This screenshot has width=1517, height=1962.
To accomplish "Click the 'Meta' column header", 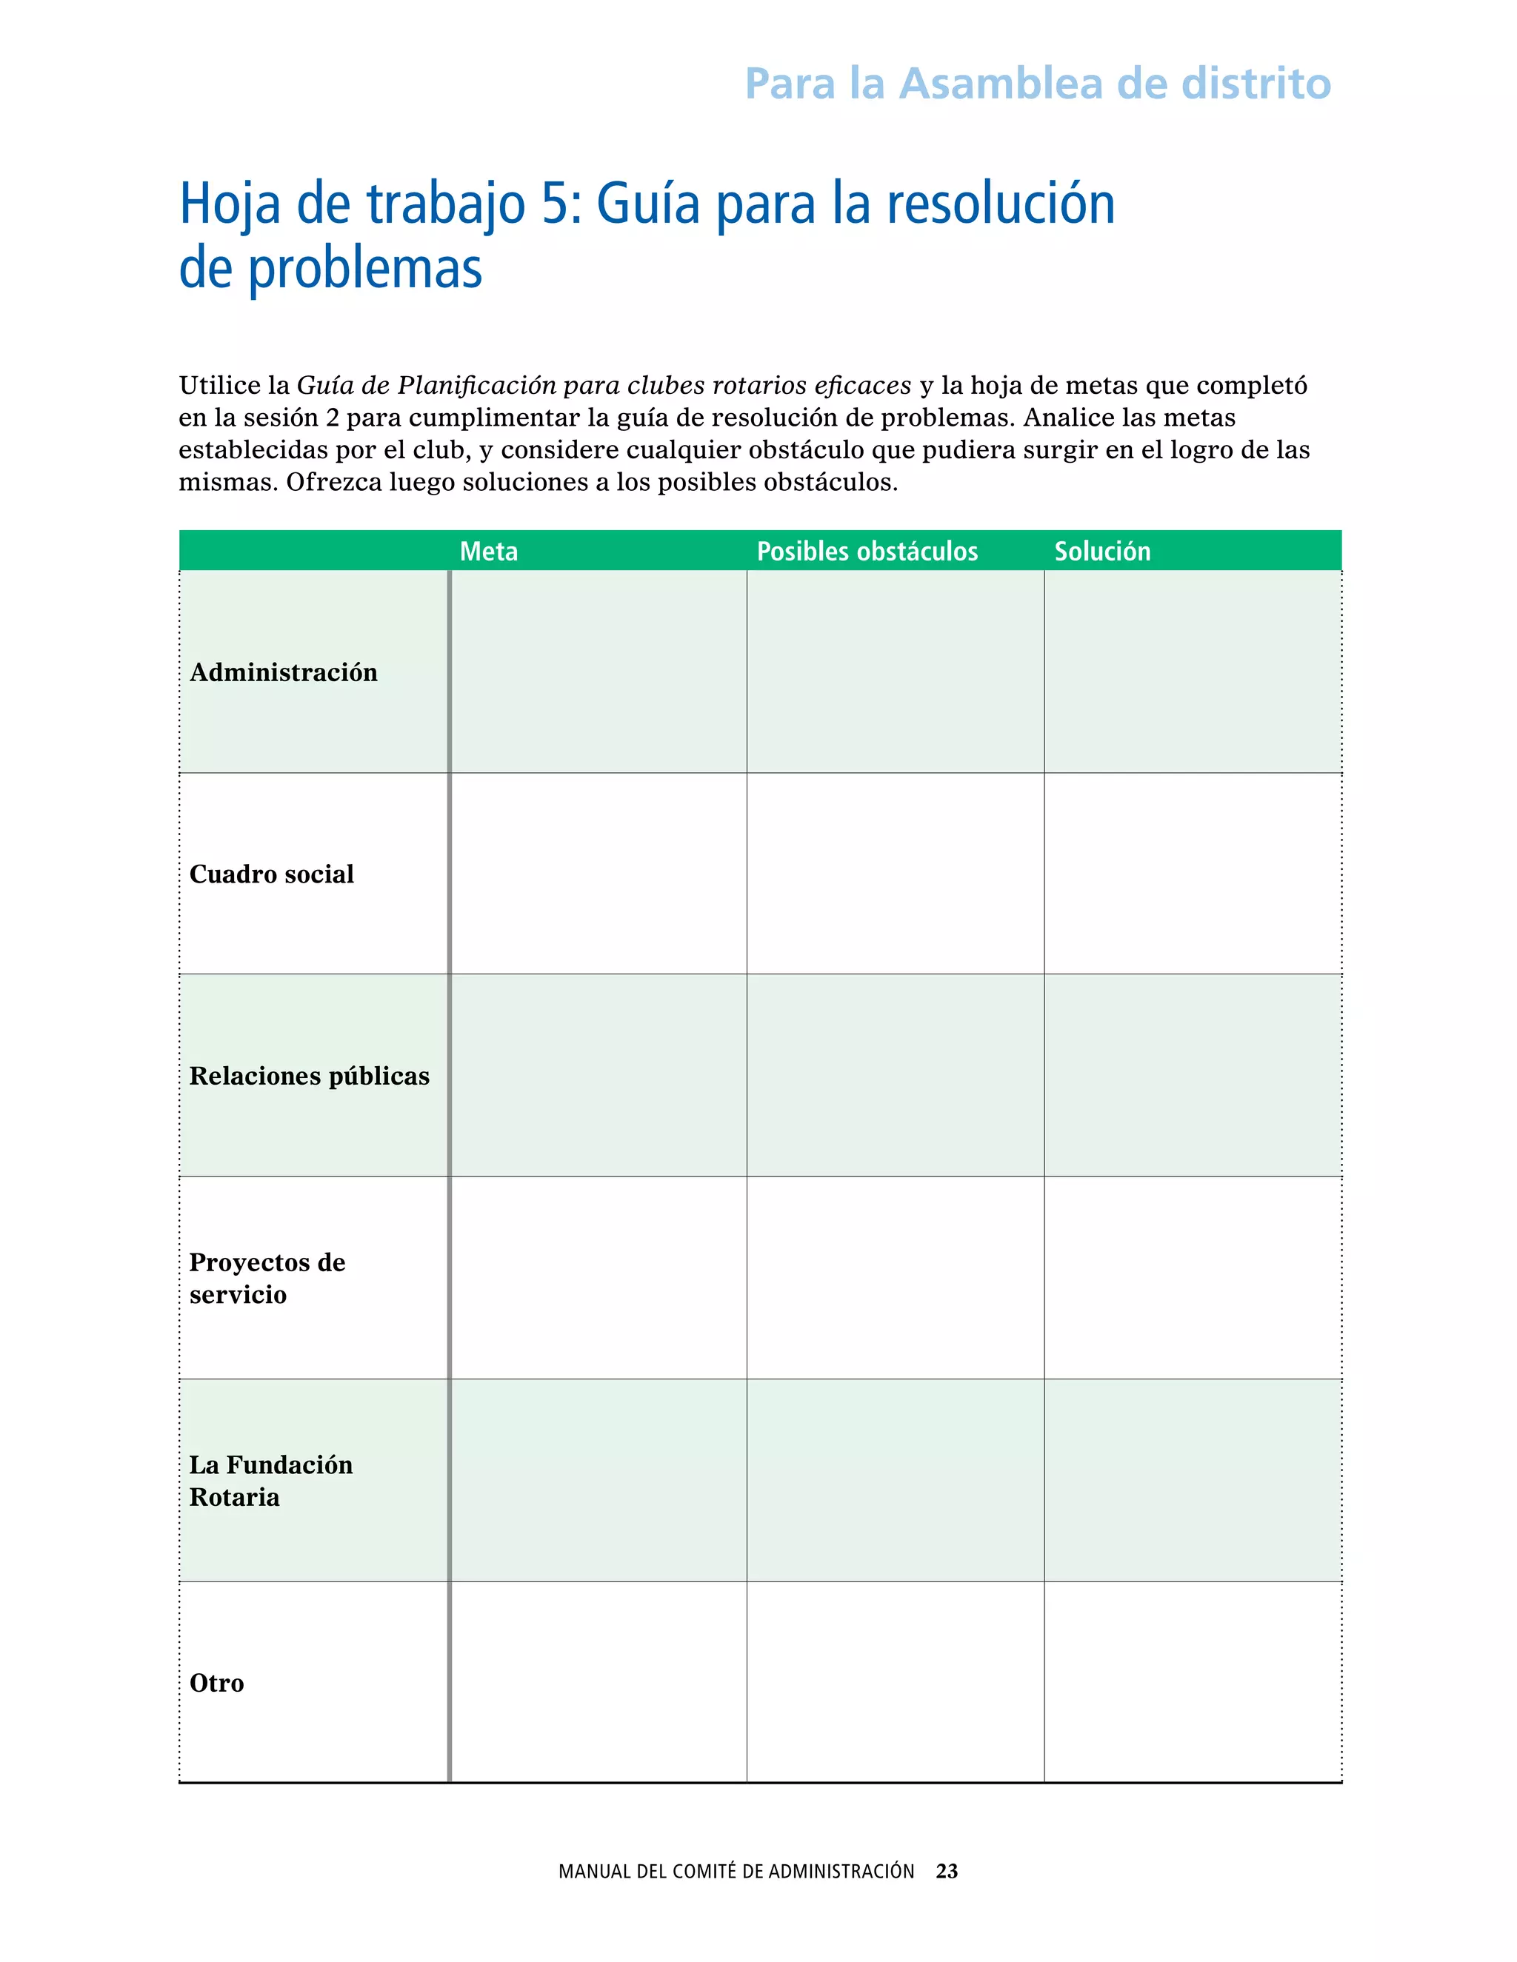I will pos(488,551).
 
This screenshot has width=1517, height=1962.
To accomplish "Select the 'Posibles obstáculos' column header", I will pos(867,551).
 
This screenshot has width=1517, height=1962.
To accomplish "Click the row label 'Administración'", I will pos(283,672).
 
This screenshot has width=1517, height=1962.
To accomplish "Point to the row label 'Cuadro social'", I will pos(271,874).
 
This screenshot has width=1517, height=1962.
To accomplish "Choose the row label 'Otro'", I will pos(216,1683).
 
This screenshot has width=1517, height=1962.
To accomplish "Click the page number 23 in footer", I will pos(947,1871).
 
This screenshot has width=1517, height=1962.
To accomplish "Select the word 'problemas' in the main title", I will pos(365,269).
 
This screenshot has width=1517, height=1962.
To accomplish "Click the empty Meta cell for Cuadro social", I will pos(599,873).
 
